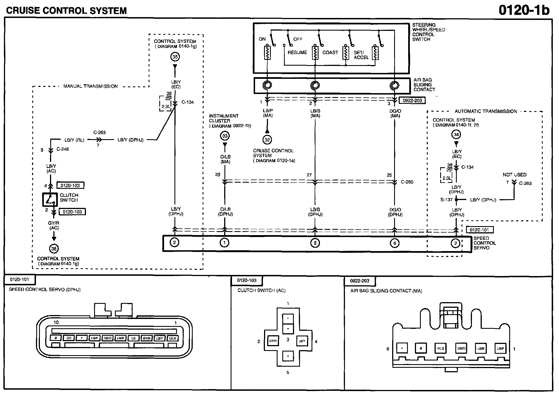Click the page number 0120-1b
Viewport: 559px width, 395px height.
click(x=524, y=10)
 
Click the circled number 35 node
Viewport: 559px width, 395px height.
click(x=175, y=57)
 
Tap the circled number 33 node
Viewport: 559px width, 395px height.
click(x=225, y=136)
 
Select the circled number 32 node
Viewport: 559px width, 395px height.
click(x=267, y=139)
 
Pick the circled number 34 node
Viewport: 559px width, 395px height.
click(x=456, y=135)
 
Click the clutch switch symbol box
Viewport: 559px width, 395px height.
click(x=50, y=199)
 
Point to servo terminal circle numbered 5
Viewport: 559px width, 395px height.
click(x=315, y=243)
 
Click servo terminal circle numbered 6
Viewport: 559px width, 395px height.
click(x=395, y=243)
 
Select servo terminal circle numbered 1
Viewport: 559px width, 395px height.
click(x=224, y=243)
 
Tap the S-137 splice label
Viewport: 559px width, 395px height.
click(x=446, y=200)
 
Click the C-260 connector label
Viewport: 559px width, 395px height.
click(x=407, y=182)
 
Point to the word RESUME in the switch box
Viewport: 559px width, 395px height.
click(x=297, y=52)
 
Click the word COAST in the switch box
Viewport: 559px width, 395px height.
click(x=330, y=52)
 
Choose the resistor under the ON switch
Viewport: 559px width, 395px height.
click(x=267, y=52)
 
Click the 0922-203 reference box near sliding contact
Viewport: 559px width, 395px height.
click(x=412, y=100)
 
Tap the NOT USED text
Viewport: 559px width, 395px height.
click(x=514, y=175)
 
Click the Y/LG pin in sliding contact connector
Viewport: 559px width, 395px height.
click(x=440, y=348)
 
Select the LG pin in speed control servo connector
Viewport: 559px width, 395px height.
click(x=133, y=338)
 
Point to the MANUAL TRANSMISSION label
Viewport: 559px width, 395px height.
click(x=90, y=86)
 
